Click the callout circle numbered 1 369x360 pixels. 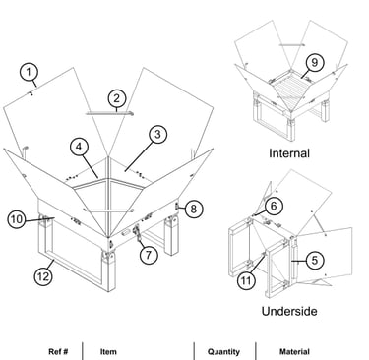point(29,72)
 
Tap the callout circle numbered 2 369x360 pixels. point(117,98)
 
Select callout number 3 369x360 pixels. point(157,135)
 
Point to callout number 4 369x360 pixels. point(79,147)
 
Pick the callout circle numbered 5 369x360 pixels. point(315,260)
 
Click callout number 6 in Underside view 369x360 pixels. point(274,206)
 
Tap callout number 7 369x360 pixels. point(149,255)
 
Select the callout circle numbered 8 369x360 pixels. point(194,209)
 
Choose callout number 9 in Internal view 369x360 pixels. point(314,62)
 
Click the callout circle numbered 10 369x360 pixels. point(17,219)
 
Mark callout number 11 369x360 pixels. point(246,280)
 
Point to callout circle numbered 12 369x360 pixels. point(43,276)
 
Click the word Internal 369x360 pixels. point(289,153)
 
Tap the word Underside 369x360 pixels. point(289,311)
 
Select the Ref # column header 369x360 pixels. point(58,352)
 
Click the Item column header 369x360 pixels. point(108,352)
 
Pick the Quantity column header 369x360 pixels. point(223,352)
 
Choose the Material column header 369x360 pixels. point(294,352)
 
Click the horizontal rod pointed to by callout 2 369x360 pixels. point(109,113)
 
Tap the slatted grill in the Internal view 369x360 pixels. point(289,87)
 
